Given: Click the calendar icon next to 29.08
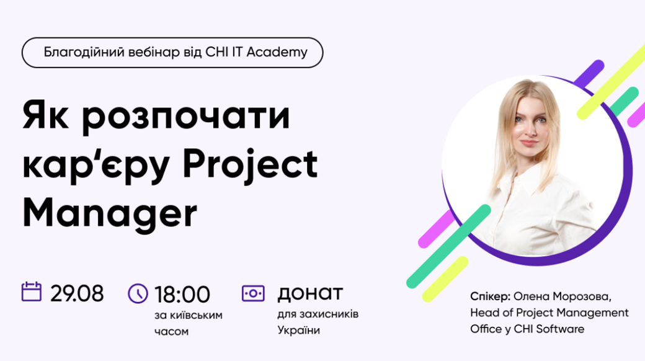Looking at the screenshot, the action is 31,292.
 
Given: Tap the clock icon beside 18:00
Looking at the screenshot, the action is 138,293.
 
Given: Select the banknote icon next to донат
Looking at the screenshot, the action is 253,293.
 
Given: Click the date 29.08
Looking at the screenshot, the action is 77,294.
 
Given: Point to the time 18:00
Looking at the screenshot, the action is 182,294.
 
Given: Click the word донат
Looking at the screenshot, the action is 310,293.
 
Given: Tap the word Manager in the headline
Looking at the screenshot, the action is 110,213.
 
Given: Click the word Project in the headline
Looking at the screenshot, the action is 250,164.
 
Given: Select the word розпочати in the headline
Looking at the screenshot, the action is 186,117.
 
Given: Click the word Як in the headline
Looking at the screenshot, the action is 46,115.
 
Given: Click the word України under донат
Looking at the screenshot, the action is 299,330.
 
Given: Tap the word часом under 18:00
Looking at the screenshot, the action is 172,332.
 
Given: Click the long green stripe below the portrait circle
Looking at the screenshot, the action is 448,246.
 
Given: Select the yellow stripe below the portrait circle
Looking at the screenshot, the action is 445,279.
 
